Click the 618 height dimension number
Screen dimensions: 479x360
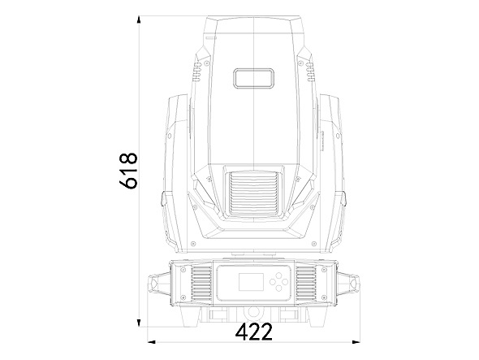coord(128,170)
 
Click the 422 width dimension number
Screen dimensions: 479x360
coord(254,332)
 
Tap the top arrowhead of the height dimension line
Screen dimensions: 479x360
coord(139,20)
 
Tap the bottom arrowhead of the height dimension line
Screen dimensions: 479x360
coord(139,323)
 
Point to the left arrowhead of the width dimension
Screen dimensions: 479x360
coord(152,341)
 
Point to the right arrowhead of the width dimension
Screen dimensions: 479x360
coord(356,341)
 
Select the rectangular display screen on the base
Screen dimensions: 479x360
coord(251,282)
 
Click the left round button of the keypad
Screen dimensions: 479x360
coord(273,282)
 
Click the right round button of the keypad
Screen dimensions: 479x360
coord(284,281)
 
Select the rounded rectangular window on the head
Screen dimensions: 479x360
coord(253,78)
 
